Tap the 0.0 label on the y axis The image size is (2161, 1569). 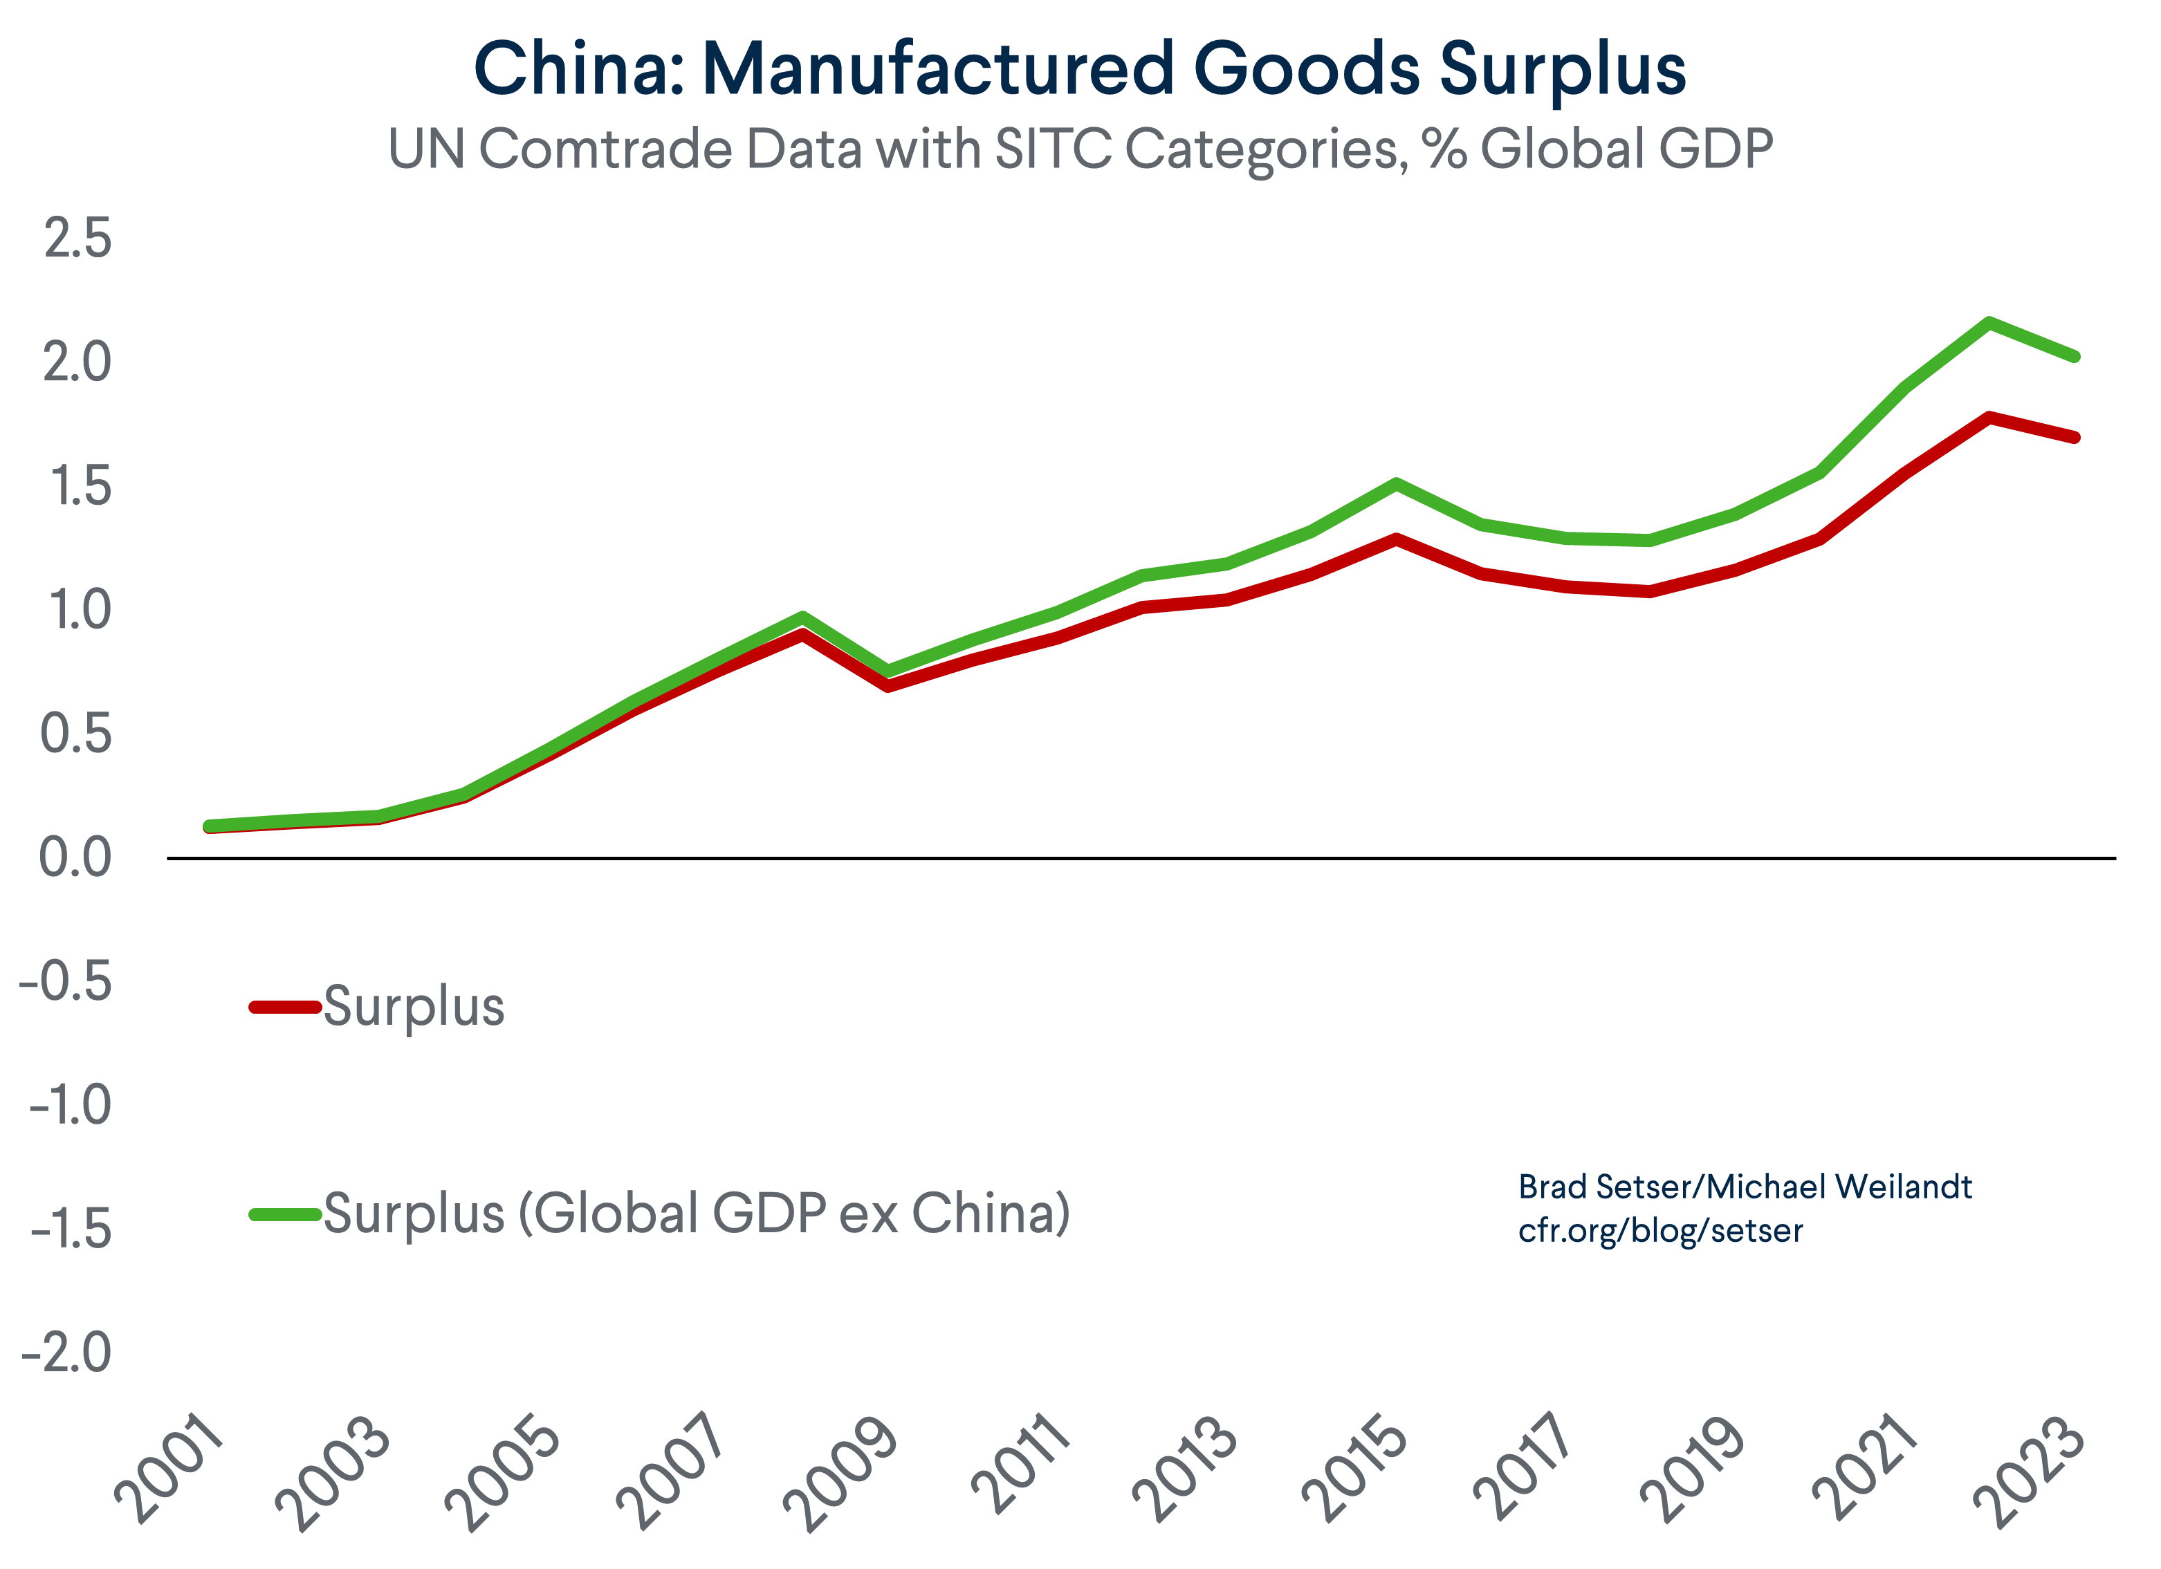coord(74,857)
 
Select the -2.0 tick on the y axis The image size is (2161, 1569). coord(66,1352)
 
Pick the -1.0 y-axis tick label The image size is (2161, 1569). coord(70,1105)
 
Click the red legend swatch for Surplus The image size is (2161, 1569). coord(284,1007)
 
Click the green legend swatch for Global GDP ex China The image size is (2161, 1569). coord(284,1214)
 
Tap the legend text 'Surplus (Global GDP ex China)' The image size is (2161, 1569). coord(697,1214)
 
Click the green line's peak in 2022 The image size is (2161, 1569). coord(1989,322)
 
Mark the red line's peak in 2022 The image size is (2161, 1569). coord(1989,417)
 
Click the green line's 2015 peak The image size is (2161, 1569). coord(1396,484)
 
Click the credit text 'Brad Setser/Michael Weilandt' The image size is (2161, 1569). coord(1745,1187)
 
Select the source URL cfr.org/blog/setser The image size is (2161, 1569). coord(1659,1231)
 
